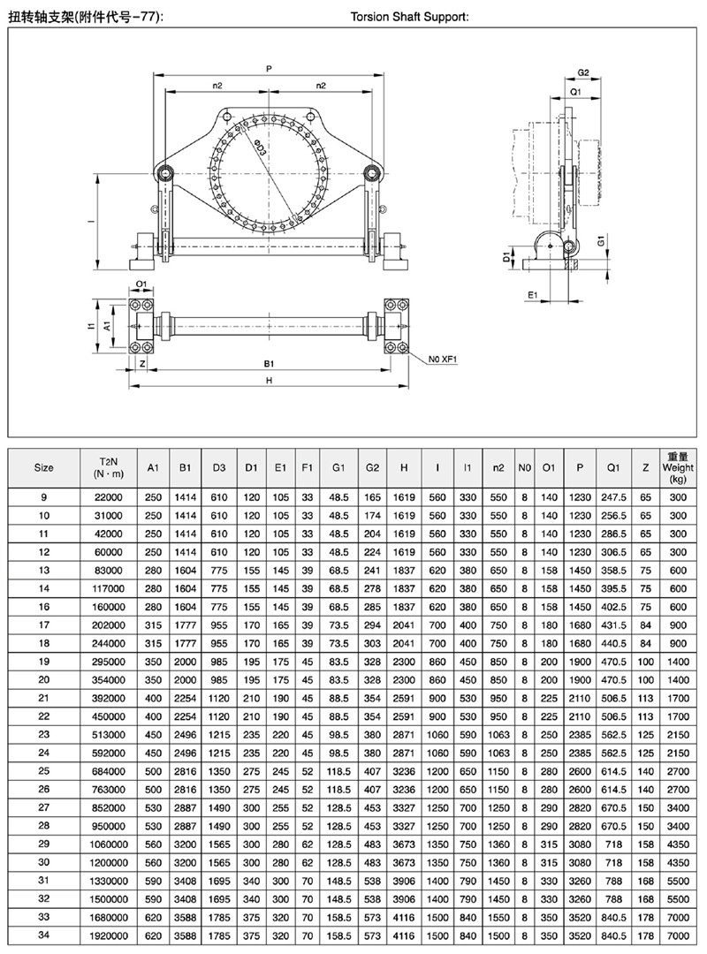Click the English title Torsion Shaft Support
409,17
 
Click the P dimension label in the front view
269,69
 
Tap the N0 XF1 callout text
442,359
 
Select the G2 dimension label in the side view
582,72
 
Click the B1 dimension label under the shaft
269,363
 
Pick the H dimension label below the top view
269,380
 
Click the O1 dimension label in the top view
141,284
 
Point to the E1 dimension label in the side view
533,295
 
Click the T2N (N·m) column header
109,468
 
